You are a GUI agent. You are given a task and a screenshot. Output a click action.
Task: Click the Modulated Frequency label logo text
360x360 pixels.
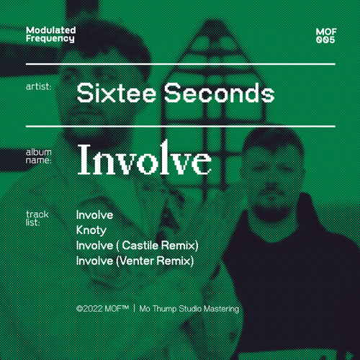tap(50, 34)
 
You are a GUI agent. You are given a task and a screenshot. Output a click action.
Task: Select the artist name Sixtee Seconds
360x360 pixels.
tap(175, 94)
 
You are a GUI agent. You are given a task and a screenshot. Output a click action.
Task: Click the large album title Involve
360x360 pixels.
tap(144, 161)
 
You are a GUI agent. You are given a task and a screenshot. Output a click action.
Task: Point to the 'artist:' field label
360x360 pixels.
tap(38, 86)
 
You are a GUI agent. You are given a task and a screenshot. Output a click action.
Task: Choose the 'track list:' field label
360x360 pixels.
tap(37, 218)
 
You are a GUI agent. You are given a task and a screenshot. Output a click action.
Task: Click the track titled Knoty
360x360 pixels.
tap(91, 230)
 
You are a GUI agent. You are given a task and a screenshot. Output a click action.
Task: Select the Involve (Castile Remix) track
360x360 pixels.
tap(137, 246)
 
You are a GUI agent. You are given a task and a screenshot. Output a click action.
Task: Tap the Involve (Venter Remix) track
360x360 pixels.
tap(135, 261)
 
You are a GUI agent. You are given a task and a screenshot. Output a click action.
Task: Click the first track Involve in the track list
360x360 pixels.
tap(94, 215)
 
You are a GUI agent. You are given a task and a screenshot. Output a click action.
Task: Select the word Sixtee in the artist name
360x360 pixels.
tap(108, 94)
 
